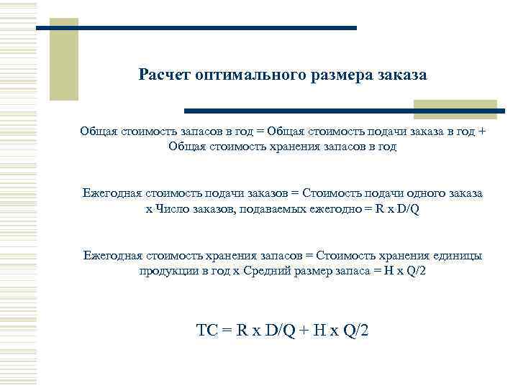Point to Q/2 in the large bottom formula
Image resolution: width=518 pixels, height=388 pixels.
(352, 331)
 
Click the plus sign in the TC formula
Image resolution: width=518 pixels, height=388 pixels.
(305, 331)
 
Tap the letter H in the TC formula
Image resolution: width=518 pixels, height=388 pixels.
(321, 331)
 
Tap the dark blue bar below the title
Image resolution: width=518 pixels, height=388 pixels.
(345, 111)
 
